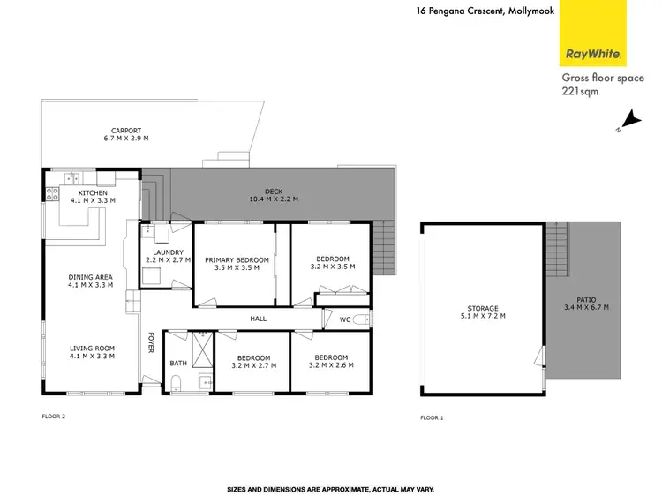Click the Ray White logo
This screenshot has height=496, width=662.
point(594,53)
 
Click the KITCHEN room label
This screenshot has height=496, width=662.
point(93,192)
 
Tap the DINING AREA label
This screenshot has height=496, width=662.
point(92,278)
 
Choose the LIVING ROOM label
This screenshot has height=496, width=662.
point(93,349)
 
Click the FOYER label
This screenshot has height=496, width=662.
point(151,343)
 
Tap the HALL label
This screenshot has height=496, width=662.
point(258,318)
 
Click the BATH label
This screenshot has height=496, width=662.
point(178,363)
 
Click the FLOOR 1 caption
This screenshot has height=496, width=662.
point(432,417)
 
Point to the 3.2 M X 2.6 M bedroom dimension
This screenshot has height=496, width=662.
point(328,364)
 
